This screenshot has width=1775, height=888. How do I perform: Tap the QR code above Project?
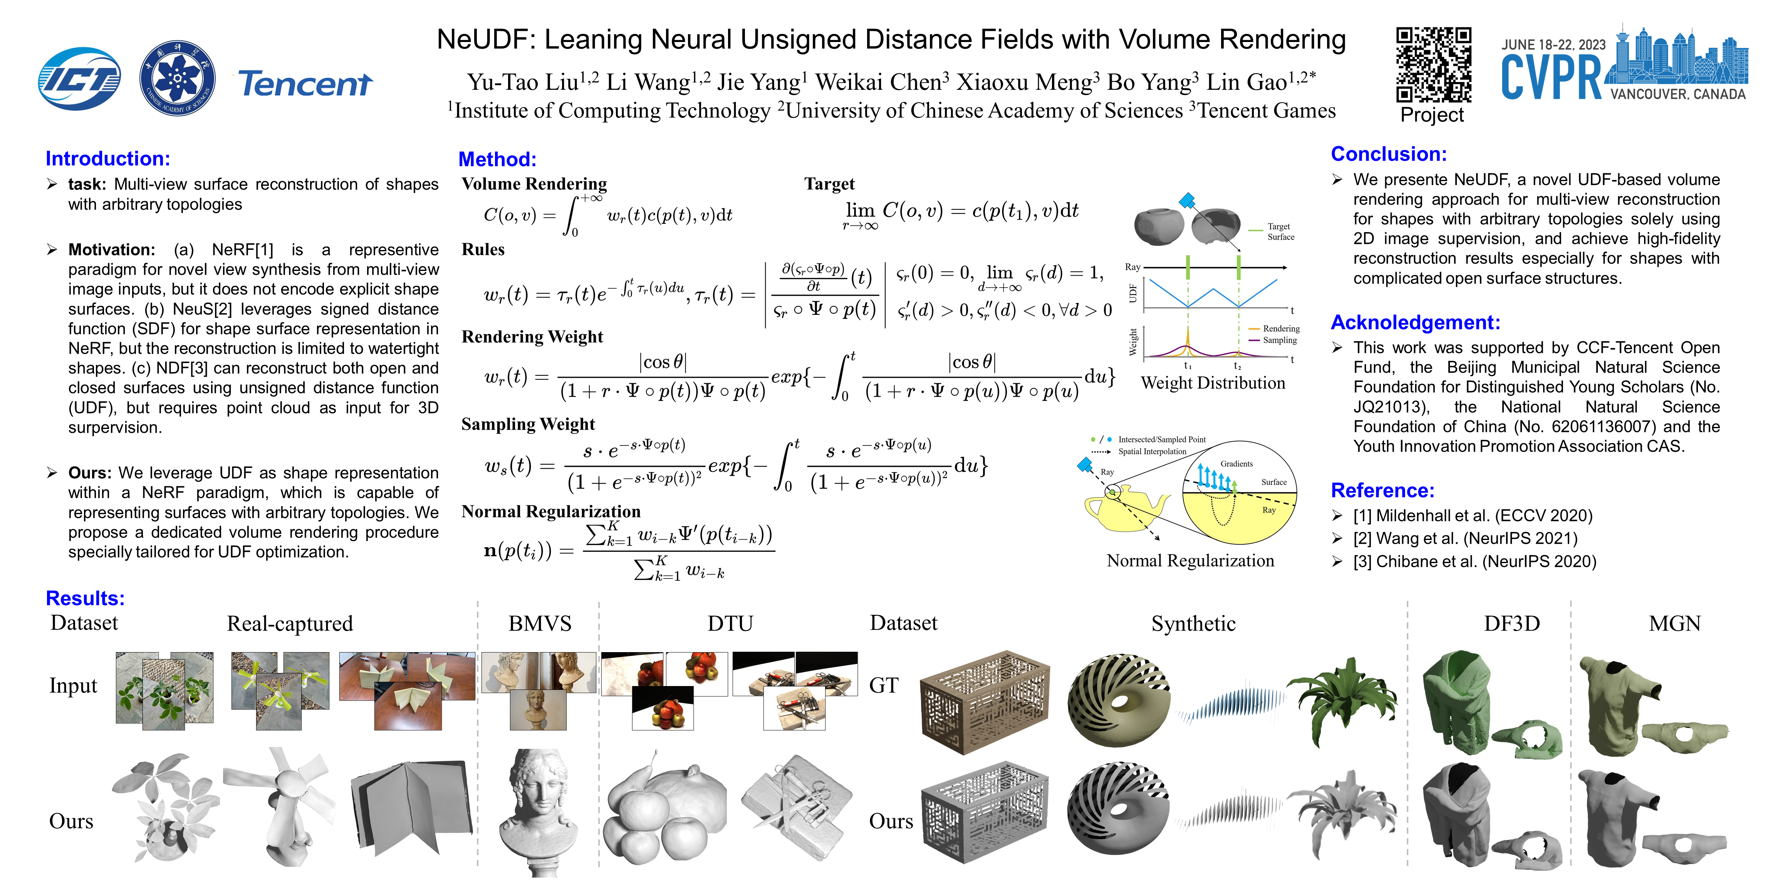point(1433,64)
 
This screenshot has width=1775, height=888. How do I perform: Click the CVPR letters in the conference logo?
point(1552,77)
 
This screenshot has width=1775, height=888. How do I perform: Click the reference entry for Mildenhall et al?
point(1473,516)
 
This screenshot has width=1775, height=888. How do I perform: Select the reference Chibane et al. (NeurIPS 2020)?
point(1475,561)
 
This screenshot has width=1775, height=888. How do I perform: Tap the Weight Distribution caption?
point(1213,383)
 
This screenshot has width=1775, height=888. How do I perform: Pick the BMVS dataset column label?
point(540,623)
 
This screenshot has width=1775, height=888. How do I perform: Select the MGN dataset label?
point(1674,623)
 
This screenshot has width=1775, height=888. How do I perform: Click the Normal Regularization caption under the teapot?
point(1190,560)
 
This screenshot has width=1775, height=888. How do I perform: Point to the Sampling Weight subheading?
point(528,424)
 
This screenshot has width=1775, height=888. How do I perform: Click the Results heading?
point(85,598)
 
